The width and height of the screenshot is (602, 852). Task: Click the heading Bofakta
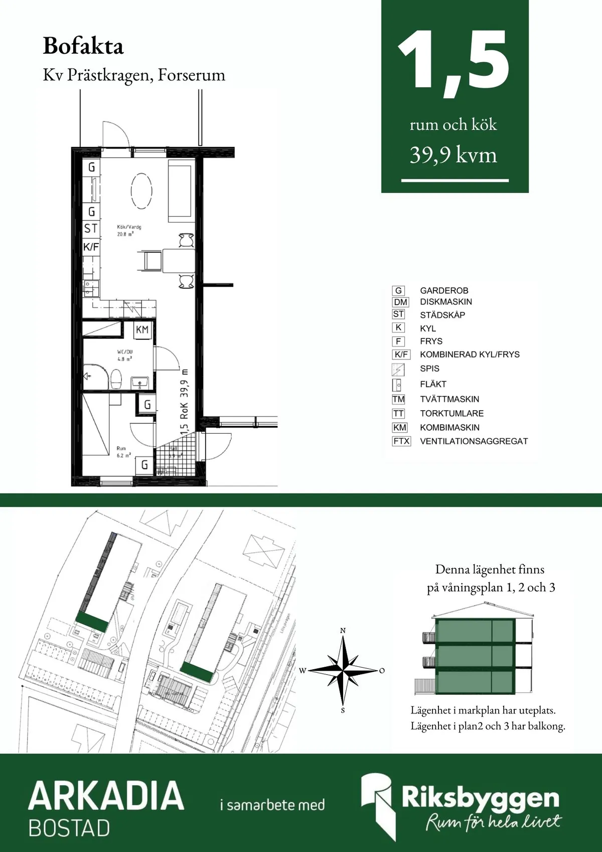(83, 46)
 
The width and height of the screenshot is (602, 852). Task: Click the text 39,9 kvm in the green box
(453, 155)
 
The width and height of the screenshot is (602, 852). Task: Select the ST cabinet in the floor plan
(91, 229)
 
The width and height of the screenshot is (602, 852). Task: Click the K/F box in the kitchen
(91, 247)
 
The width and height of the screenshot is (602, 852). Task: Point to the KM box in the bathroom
(142, 330)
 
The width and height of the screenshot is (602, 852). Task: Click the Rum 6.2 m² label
(123, 452)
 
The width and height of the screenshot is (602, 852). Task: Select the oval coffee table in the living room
(141, 191)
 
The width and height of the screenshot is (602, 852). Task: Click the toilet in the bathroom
(116, 379)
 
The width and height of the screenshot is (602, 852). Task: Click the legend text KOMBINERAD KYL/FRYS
(470, 354)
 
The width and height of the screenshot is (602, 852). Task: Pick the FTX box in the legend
(401, 441)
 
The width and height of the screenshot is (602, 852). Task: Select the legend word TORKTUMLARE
(452, 414)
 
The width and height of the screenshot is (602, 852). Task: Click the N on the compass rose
(343, 631)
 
